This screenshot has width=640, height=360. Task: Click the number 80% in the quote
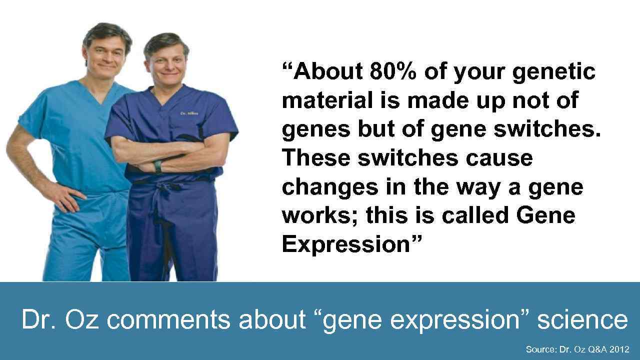393,71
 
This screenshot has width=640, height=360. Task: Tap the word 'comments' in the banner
169,319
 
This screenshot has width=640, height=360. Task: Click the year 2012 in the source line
619,349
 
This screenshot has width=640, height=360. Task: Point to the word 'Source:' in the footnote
540,349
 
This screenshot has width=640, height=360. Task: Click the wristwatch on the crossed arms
158,167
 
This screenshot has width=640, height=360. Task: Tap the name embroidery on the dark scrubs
189,114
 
